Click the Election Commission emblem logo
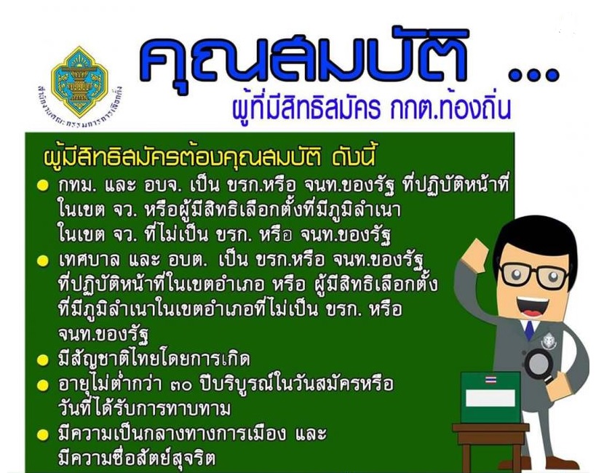(x=79, y=82)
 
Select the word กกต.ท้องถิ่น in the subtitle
(x=449, y=107)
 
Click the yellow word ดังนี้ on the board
(x=354, y=157)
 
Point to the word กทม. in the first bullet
(x=79, y=186)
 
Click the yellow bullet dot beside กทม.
(x=42, y=186)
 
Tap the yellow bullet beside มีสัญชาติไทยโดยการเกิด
(x=42, y=359)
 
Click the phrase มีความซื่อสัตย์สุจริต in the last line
(x=137, y=458)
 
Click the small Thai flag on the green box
(x=490, y=380)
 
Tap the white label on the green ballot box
(x=490, y=398)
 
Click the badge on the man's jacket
(x=549, y=341)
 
